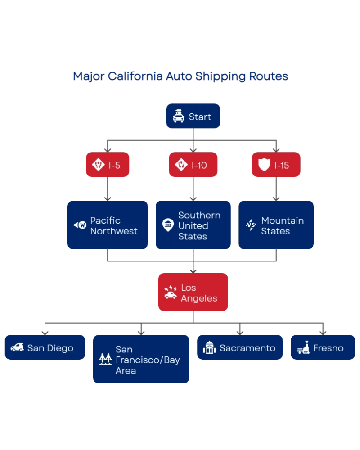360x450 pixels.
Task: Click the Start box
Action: tap(193, 117)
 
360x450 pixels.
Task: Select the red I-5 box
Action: tap(108, 165)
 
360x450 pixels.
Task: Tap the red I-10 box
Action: tap(193, 165)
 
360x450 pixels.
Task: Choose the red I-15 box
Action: tap(275, 165)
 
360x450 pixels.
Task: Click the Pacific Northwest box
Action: tap(108, 225)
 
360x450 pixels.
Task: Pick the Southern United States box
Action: tap(193, 225)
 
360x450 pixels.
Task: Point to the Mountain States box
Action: tap(275, 225)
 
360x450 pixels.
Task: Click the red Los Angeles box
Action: tap(193, 292)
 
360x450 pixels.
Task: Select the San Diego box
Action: tap(45, 347)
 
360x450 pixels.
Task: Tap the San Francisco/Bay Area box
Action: tap(141, 359)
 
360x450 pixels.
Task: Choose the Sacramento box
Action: tap(240, 347)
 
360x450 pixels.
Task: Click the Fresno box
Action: tap(323, 347)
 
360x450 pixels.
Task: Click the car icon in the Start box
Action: tap(179, 117)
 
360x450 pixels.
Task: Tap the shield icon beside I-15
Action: tap(264, 165)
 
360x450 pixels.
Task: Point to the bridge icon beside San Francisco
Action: tap(105, 359)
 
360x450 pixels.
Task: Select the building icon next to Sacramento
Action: tap(209, 347)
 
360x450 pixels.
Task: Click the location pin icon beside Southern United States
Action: tap(168, 225)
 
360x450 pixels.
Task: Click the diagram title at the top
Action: tap(180, 76)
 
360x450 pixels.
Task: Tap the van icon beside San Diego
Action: tap(17, 347)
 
